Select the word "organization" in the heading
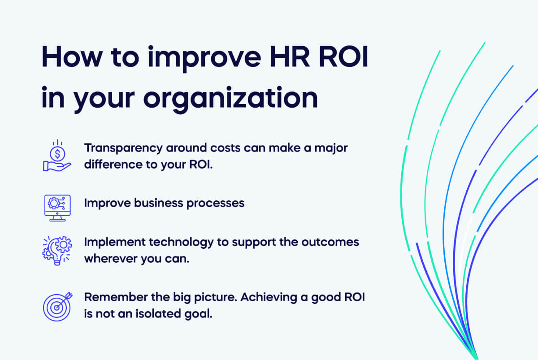pos(231,98)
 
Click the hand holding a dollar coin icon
pos(57,156)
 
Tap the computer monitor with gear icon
pos(57,207)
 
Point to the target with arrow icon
pos(57,305)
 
